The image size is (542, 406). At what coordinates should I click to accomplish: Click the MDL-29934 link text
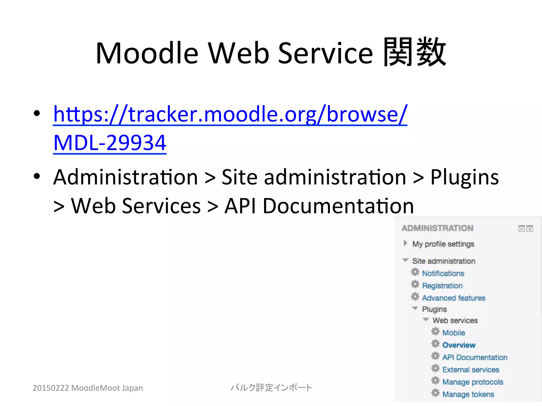[x=110, y=143]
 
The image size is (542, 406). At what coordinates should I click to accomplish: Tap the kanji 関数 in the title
[x=414, y=52]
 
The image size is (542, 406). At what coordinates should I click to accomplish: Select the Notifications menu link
[x=443, y=273]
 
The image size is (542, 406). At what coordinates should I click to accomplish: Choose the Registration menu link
[x=442, y=286]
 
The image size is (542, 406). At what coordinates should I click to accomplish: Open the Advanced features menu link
[x=454, y=298]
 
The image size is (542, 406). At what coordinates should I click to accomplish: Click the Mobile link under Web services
[x=454, y=333]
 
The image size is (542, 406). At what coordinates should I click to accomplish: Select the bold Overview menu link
[x=459, y=345]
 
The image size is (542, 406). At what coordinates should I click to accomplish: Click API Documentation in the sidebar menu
[x=475, y=357]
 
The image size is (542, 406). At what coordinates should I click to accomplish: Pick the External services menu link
[x=471, y=370]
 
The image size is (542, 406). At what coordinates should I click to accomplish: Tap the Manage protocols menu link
[x=473, y=382]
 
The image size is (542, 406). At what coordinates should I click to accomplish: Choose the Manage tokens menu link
[x=468, y=394]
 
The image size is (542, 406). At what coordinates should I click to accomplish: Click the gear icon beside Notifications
[x=415, y=272]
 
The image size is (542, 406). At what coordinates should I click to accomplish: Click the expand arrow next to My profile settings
[x=405, y=243]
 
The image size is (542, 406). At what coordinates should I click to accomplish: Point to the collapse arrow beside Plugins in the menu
[x=415, y=308]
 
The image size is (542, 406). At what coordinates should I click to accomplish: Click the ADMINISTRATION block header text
[x=437, y=228]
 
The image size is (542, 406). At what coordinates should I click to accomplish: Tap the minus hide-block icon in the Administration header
[x=521, y=229]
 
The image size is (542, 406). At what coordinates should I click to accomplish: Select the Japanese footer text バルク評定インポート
[x=271, y=387]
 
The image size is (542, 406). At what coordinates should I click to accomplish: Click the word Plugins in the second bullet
[x=464, y=177]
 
